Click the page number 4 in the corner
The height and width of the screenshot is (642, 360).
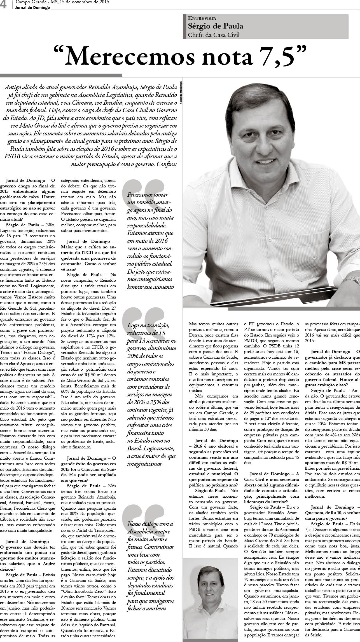(x=4, y=5)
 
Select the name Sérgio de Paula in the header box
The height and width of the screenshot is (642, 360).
(x=216, y=26)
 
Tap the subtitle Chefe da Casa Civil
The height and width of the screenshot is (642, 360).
(x=214, y=35)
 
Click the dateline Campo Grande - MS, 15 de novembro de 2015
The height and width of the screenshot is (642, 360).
(x=62, y=2)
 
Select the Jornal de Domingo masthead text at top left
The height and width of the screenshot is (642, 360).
(x=33, y=8)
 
